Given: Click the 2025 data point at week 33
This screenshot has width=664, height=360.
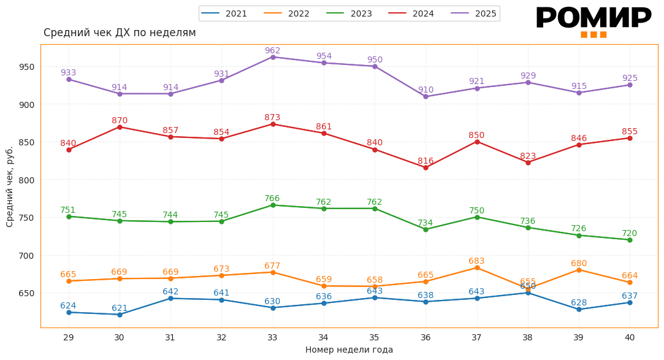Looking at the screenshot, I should tap(273, 57).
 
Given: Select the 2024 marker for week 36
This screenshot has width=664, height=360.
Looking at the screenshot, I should tap(425, 167).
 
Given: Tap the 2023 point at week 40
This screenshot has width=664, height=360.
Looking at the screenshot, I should tap(630, 240).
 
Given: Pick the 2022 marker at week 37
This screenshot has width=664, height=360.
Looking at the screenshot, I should tap(477, 267).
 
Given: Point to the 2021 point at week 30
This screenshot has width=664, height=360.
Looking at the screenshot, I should tap(120, 315).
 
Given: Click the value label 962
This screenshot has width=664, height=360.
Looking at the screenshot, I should tap(273, 51).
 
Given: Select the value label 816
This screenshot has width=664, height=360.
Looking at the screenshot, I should tap(425, 161).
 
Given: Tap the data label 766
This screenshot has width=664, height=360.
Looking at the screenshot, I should tap(272, 199).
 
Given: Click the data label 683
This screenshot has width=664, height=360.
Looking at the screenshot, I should tap(477, 261).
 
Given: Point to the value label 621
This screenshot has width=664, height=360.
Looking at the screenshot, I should tap(120, 308).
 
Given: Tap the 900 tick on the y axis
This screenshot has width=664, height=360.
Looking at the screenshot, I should tap(26, 105).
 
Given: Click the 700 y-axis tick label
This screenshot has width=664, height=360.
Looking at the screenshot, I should tap(26, 256).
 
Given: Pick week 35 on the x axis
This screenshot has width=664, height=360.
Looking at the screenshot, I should tap(375, 337).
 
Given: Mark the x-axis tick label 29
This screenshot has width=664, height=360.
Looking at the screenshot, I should tap(69, 337).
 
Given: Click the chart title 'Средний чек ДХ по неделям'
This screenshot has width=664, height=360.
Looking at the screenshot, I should tap(120, 33).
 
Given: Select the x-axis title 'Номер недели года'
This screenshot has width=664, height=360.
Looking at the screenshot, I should tap(349, 350).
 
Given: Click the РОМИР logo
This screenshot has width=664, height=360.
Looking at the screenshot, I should tap(593, 20).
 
